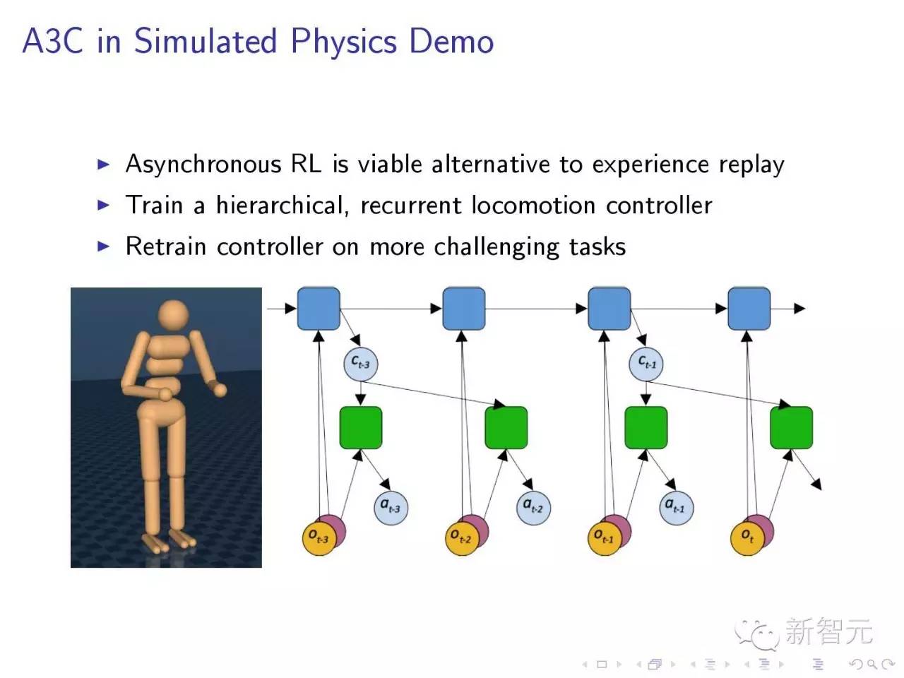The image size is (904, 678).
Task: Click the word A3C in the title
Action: pyautogui.click(x=52, y=41)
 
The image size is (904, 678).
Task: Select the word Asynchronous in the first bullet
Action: pyautogui.click(x=203, y=165)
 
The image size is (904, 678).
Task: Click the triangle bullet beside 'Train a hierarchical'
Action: pyautogui.click(x=104, y=206)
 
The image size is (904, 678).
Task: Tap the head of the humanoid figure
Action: pyautogui.click(x=173, y=316)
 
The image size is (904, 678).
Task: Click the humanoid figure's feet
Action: pyautogui.click(x=168, y=540)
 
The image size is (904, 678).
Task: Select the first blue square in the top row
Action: pyautogui.click(x=319, y=309)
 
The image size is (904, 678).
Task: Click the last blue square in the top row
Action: pyautogui.click(x=749, y=309)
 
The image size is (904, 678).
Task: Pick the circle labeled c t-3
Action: pyautogui.click(x=361, y=364)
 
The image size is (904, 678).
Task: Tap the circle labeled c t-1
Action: pyautogui.click(x=646, y=364)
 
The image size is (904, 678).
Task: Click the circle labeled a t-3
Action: pyautogui.click(x=390, y=507)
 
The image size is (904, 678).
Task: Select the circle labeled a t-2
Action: pyautogui.click(x=533, y=507)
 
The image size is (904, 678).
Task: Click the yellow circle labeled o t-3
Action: pyautogui.click(x=318, y=538)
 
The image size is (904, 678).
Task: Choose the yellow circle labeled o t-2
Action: pyautogui.click(x=461, y=538)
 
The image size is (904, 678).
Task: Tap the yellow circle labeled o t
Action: pyautogui.click(x=747, y=538)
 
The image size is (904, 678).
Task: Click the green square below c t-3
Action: pyautogui.click(x=361, y=428)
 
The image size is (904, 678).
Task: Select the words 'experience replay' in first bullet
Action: pyautogui.click(x=688, y=165)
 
